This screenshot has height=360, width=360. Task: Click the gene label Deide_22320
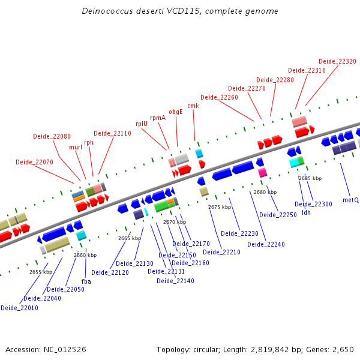coord(337,61)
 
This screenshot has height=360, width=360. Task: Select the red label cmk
coord(193,106)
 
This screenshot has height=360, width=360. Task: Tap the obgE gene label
coord(175,112)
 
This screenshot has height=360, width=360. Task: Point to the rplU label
coord(142,124)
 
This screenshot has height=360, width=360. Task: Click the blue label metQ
coord(350,199)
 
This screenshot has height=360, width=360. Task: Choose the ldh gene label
coord(306,212)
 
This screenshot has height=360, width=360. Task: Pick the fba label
coord(86,281)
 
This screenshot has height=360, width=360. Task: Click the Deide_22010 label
coord(19,308)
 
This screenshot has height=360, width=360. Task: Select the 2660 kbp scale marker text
coord(85,255)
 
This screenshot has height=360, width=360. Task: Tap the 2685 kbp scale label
coord(310,178)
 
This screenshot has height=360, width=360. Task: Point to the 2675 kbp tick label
coord(220,207)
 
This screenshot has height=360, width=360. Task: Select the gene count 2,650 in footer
coord(343,349)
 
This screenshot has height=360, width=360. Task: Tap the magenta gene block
coord(262,173)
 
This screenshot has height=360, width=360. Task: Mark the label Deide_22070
coord(34,162)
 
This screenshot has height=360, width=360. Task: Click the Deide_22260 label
coord(219,97)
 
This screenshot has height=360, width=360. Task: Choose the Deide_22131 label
coord(167,272)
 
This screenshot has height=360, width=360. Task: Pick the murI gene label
coord(76,147)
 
